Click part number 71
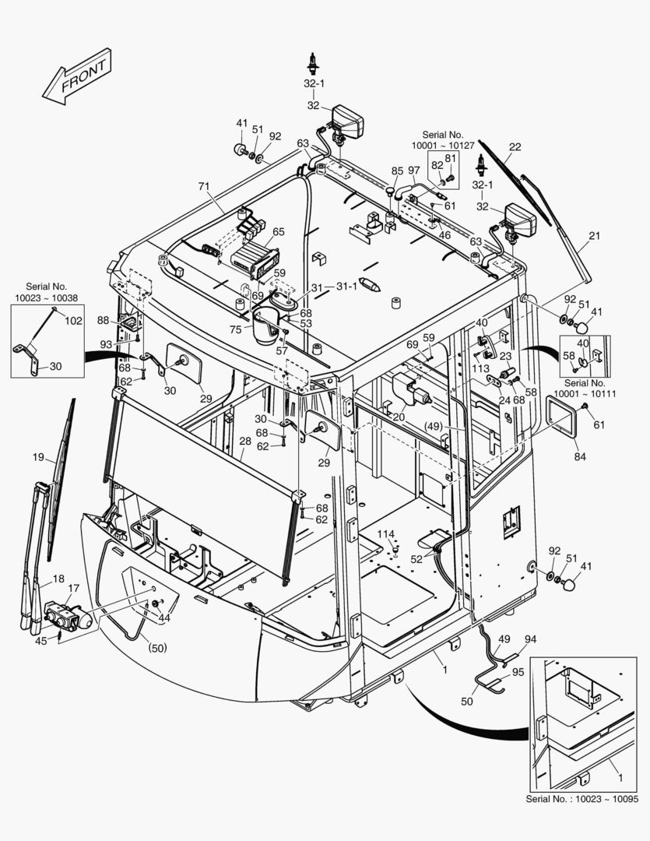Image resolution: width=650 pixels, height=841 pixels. pyautogui.click(x=204, y=187)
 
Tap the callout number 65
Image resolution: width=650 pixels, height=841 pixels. pyautogui.click(x=278, y=231)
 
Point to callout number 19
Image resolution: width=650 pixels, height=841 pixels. pyautogui.click(x=38, y=458)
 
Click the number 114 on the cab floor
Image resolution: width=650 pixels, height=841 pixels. pyautogui.click(x=386, y=533)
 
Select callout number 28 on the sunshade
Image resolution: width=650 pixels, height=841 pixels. pyautogui.click(x=244, y=442)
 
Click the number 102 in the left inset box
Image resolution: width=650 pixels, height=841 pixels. pyautogui.click(x=72, y=319)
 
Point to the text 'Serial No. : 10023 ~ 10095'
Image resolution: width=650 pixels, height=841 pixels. pyautogui.click(x=582, y=800)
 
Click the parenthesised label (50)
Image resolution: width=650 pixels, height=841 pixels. pyautogui.click(x=157, y=647)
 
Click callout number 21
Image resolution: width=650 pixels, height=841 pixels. pyautogui.click(x=595, y=236)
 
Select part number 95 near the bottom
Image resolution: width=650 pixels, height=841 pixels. pyautogui.click(x=518, y=671)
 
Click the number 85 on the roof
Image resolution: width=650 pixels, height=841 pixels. pyautogui.click(x=397, y=171)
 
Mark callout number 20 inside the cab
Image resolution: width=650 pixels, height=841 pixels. pyautogui.click(x=399, y=417)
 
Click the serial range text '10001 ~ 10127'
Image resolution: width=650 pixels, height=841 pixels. pyautogui.click(x=448, y=145)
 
